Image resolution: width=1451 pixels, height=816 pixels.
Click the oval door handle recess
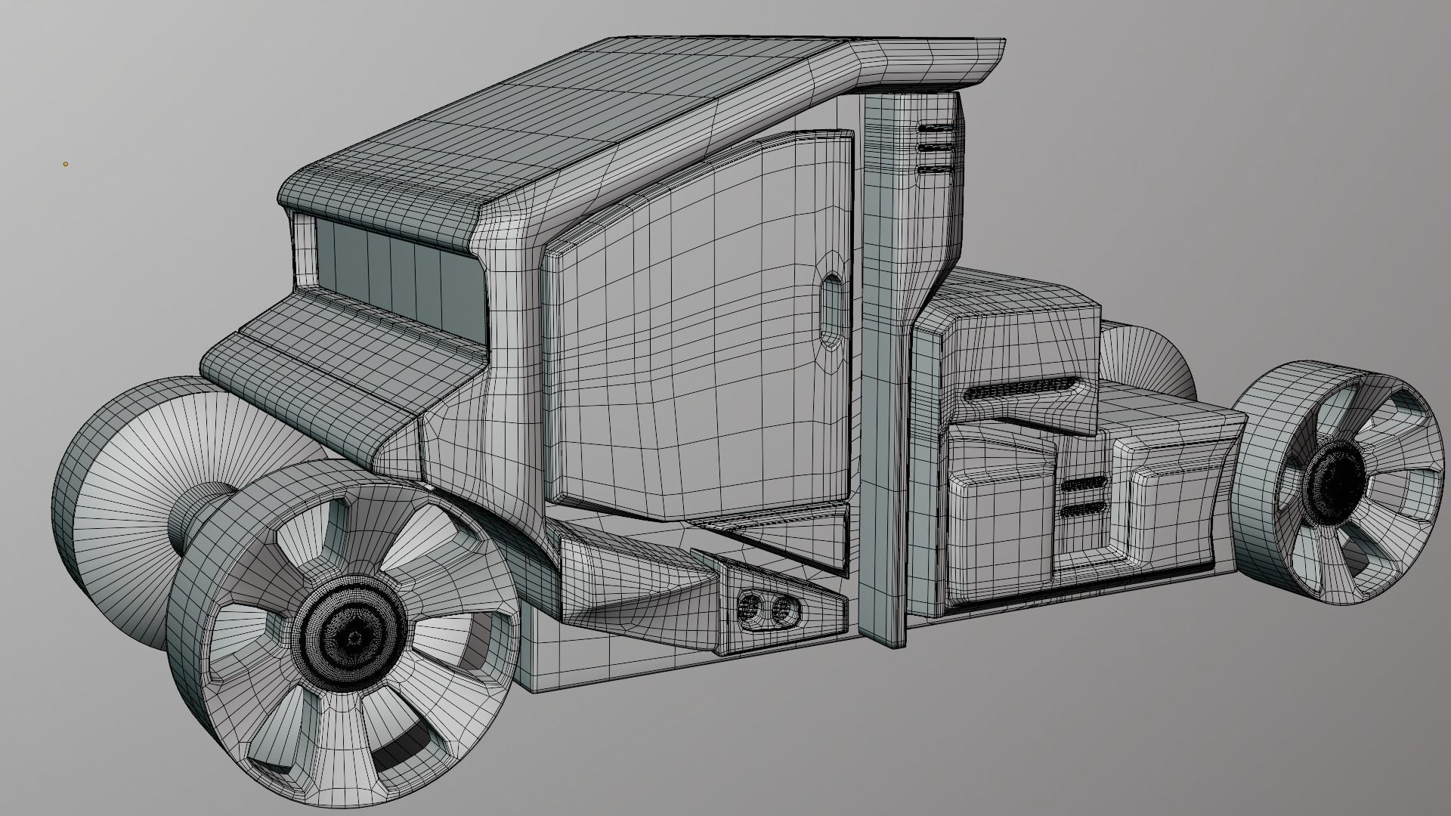[831, 311]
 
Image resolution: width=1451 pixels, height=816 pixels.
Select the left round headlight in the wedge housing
[750, 607]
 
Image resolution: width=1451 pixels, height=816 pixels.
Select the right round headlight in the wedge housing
[784, 609]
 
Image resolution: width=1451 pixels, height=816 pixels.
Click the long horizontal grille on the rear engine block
[1020, 390]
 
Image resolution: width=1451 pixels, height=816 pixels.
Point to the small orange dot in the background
[66, 163]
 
